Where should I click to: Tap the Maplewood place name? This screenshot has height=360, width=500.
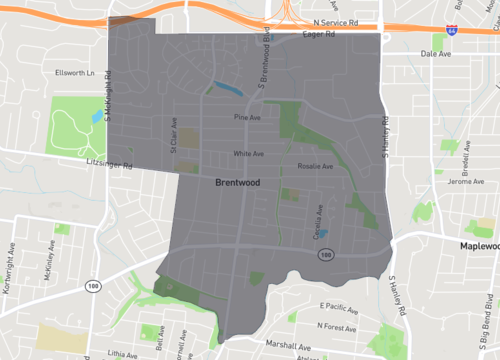point(478,246)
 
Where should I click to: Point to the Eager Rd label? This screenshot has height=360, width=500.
point(318,34)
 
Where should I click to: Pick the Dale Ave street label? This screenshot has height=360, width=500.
point(437,54)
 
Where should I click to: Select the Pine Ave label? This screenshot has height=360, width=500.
point(247,117)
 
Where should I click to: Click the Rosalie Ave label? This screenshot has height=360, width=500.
point(314,166)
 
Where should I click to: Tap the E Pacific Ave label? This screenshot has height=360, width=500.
point(339,306)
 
